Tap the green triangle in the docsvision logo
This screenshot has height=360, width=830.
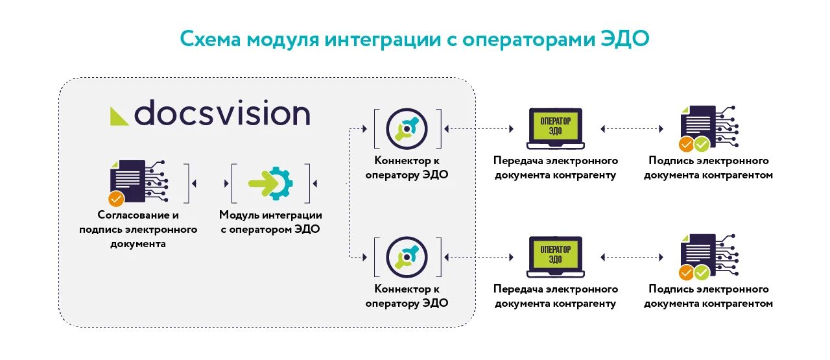pyautogui.click(x=119, y=115)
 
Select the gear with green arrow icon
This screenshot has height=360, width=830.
pyautogui.click(x=270, y=184)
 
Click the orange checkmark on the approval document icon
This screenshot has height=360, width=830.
pyautogui.click(x=117, y=198)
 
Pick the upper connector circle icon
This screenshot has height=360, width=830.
pyautogui.click(x=407, y=128)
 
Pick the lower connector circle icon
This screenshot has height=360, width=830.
pyautogui.click(x=407, y=257)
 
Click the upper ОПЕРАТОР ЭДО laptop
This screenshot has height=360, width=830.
pyautogui.click(x=555, y=128)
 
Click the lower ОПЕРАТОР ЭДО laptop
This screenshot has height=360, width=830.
pyautogui.click(x=555, y=256)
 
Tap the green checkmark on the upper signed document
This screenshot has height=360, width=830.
pyautogui.click(x=702, y=144)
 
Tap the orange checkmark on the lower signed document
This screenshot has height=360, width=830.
pyautogui.click(x=685, y=272)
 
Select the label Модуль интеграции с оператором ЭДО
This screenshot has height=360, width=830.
pyautogui.click(x=270, y=222)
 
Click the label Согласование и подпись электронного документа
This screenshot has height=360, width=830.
pyautogui.click(x=138, y=229)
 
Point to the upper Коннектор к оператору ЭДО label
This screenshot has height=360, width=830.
pyautogui.click(x=407, y=168)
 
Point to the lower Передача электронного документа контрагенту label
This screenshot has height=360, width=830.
pyautogui.click(x=556, y=296)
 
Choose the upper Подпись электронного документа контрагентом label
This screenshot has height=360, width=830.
pyautogui.click(x=709, y=168)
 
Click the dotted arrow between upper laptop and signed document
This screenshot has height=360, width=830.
pyautogui.click(x=632, y=129)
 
